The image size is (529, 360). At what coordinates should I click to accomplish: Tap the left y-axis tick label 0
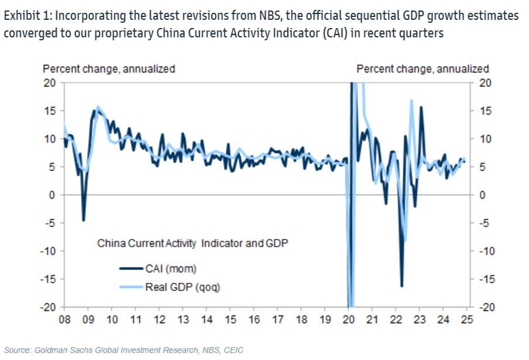point(53,195)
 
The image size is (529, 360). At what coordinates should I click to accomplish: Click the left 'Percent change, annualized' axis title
point(109,69)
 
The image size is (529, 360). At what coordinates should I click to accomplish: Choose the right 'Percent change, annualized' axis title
point(423,69)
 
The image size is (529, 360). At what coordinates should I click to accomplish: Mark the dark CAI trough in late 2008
point(84,220)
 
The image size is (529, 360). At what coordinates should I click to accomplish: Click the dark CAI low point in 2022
point(402,286)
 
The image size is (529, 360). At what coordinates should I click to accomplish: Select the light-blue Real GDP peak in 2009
point(97,106)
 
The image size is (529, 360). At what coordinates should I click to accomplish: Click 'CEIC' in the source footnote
point(232,350)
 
